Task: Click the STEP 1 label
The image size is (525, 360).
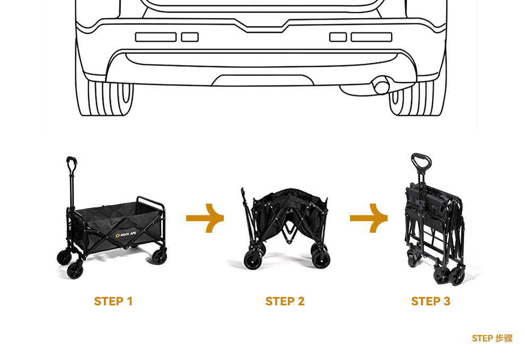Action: coord(113,302)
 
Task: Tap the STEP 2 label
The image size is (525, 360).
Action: coord(285,302)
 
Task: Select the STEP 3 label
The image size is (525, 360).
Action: coord(431,302)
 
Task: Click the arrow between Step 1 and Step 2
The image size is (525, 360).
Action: coord(205,217)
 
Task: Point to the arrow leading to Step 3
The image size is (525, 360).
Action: coord(369,217)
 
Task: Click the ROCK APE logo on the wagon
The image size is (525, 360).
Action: coord(125,234)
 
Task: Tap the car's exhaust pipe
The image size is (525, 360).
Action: coord(381,86)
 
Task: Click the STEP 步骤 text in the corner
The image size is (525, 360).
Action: coord(492,338)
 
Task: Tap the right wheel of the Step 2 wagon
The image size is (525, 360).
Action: coord(320,259)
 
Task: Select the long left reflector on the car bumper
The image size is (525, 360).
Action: coord(156,37)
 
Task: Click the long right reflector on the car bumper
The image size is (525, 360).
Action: coord(371,37)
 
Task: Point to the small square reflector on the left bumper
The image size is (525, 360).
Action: coord(190,37)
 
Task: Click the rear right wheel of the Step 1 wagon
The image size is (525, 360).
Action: coord(159,257)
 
